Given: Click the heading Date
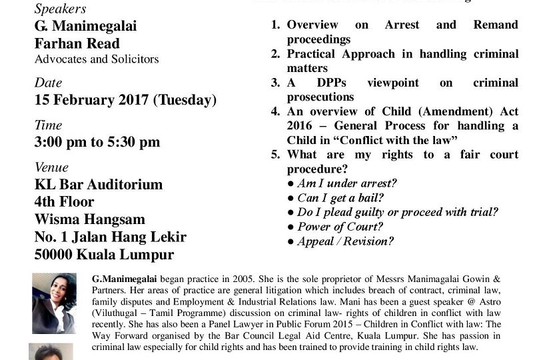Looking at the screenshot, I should pos(48,83).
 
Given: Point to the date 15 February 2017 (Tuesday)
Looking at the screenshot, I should pos(125,100).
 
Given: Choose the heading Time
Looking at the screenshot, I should pos(49,125).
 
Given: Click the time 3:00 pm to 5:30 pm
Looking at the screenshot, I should pos(97,141).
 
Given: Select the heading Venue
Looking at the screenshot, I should pos(51,167).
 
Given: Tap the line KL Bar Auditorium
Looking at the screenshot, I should pos(99,184).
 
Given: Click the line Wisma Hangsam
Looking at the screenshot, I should pos(89,219).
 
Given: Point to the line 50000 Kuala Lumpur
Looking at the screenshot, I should pos(104,255).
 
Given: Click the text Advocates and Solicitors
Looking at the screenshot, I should pos(97,59).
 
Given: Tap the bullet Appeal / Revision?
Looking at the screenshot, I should pos(340,242).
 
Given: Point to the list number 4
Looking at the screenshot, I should pos(275,111).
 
